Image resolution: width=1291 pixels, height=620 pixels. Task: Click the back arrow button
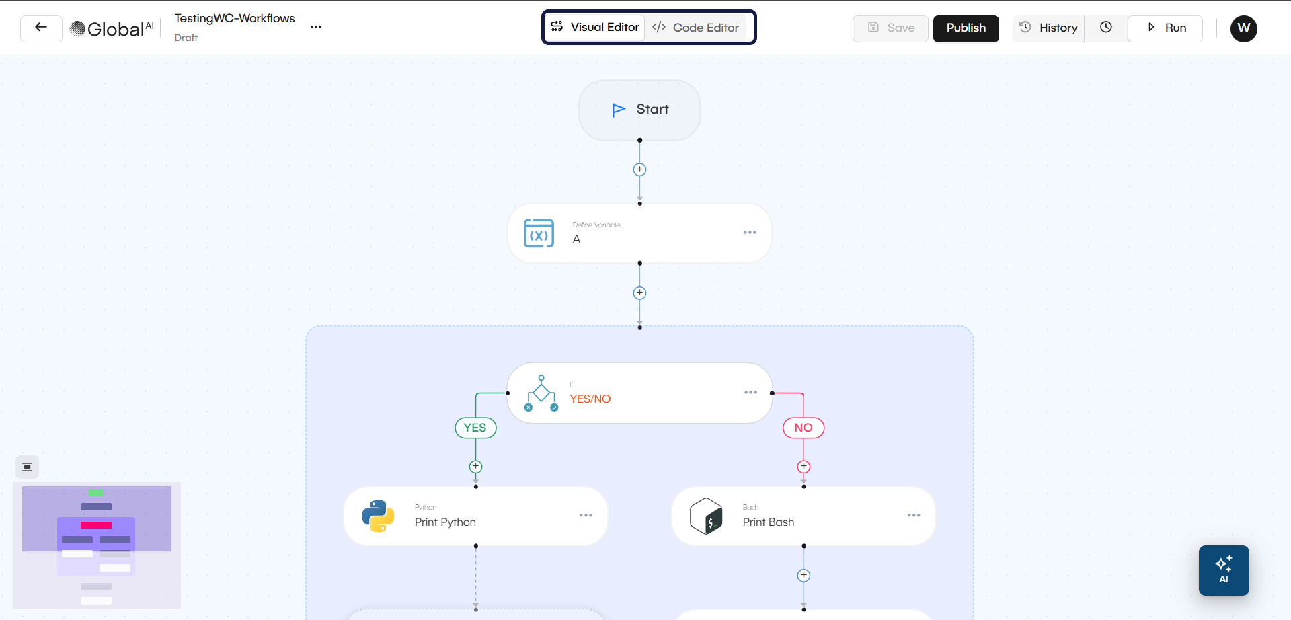(x=41, y=28)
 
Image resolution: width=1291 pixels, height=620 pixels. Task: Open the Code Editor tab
(x=696, y=28)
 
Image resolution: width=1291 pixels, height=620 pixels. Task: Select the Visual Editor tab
(x=595, y=27)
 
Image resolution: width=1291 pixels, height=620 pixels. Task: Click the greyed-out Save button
(x=890, y=28)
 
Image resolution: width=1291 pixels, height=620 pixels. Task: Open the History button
(x=1049, y=28)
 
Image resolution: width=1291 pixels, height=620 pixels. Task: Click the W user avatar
(x=1243, y=28)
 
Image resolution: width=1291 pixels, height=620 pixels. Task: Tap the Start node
(x=639, y=110)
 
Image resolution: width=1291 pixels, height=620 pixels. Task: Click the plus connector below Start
(x=639, y=169)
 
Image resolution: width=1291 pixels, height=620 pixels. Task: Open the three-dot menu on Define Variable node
(x=750, y=233)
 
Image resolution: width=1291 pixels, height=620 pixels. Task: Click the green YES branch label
(x=475, y=428)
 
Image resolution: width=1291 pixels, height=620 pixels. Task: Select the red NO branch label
(x=804, y=428)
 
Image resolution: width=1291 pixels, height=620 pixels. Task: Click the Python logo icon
(x=378, y=516)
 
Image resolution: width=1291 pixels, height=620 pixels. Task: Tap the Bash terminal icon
(x=706, y=516)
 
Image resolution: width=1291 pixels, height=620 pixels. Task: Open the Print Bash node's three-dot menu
(x=914, y=516)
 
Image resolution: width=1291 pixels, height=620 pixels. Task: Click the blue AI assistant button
(x=1223, y=570)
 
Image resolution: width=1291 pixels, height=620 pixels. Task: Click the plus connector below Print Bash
(x=804, y=576)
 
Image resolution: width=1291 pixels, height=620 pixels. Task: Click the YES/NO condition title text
(x=590, y=399)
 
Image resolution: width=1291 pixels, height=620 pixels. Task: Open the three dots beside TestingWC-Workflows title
(x=316, y=27)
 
